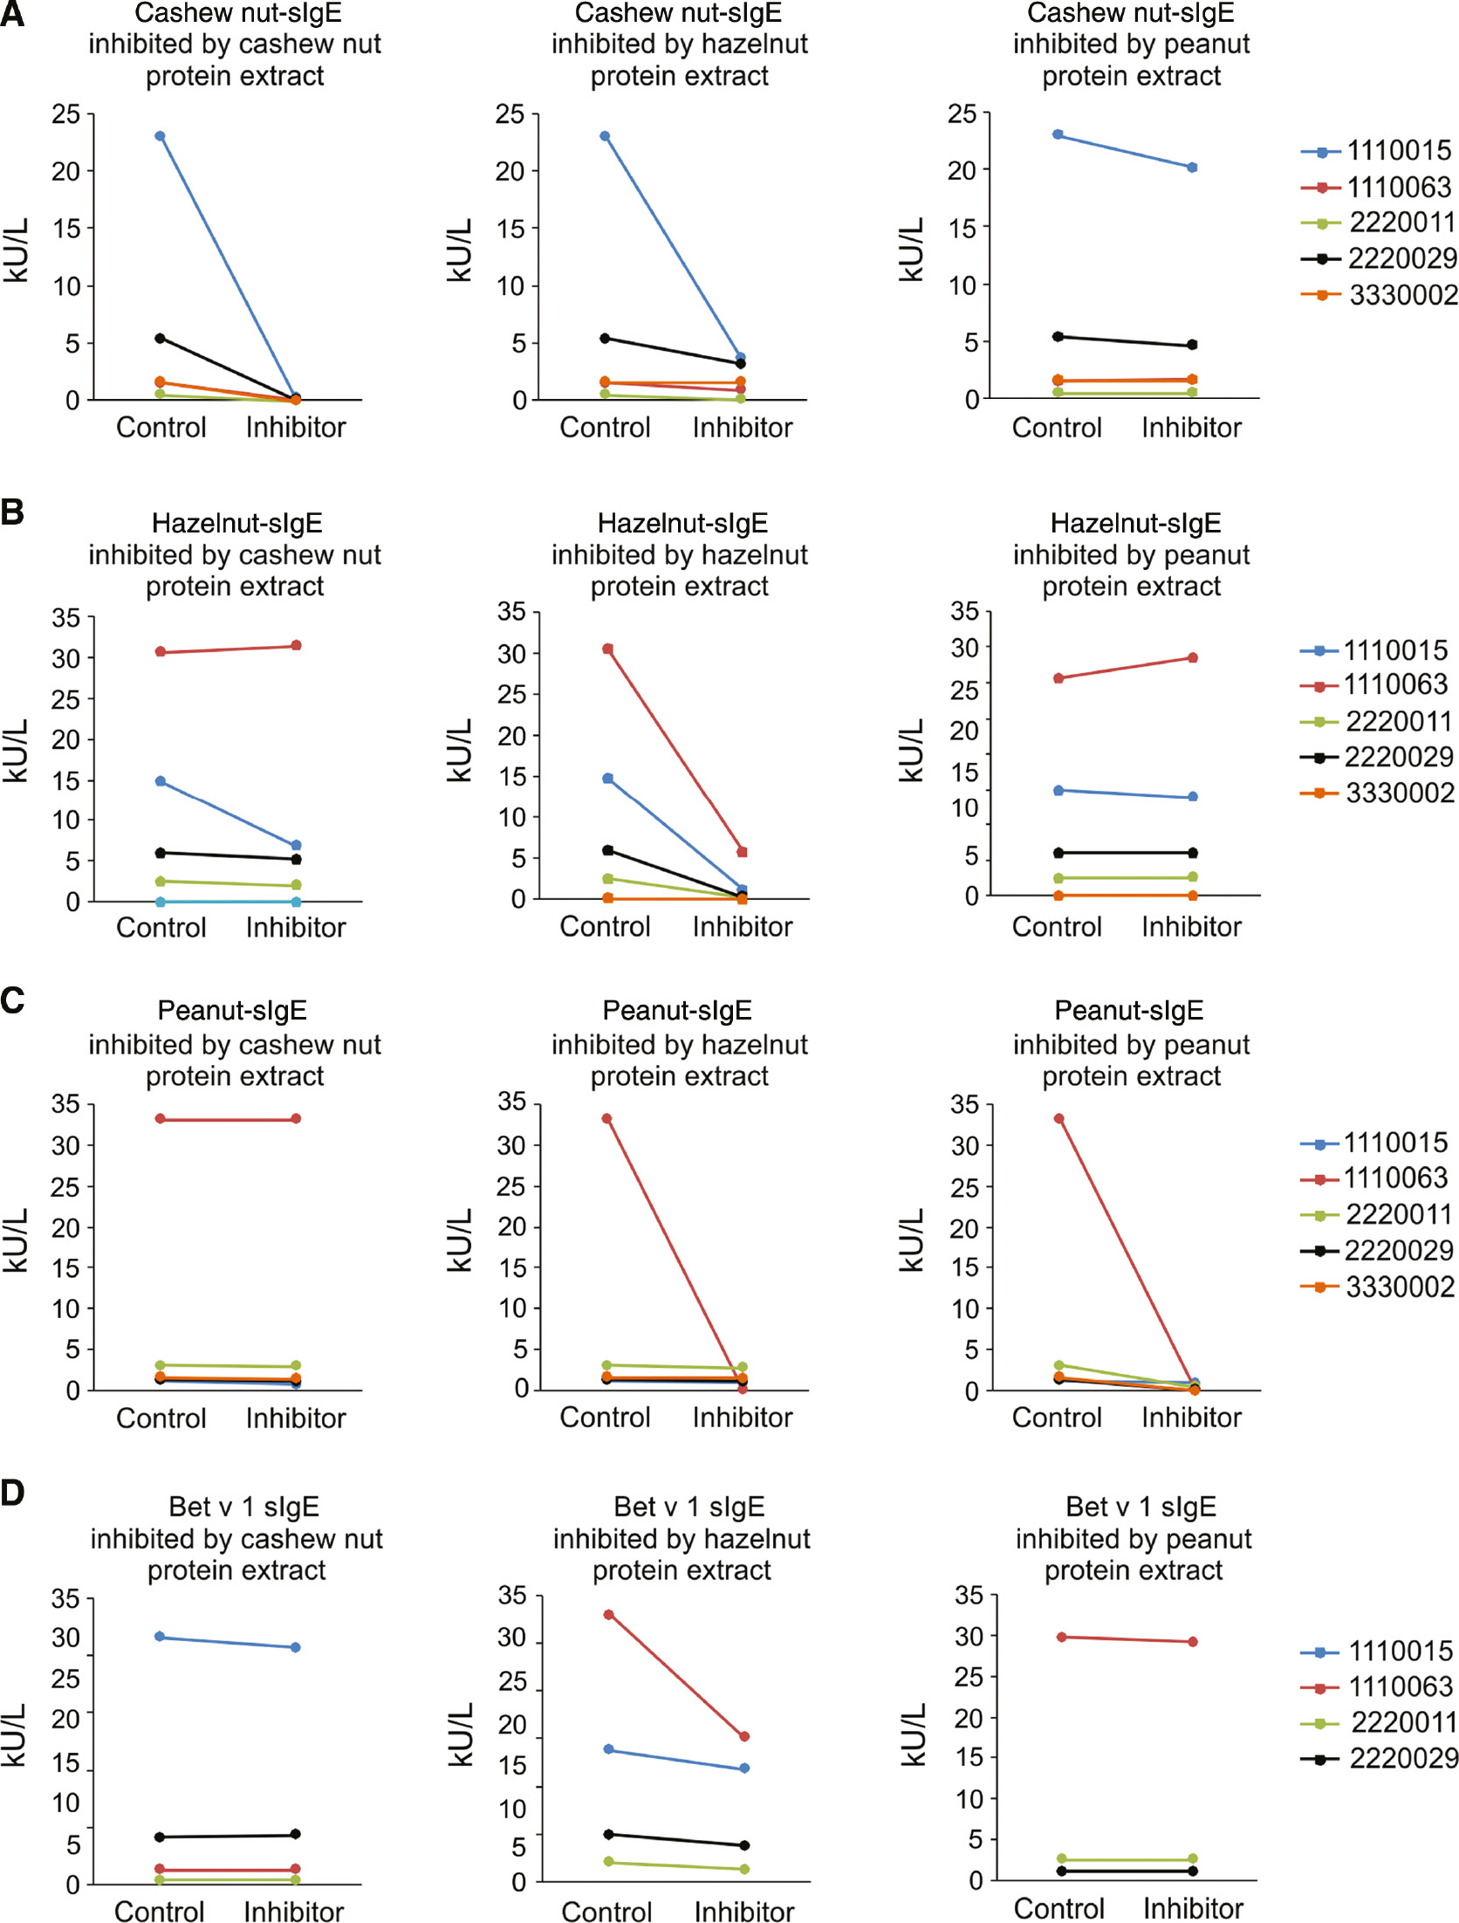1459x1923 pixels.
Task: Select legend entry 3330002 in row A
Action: pos(1401,295)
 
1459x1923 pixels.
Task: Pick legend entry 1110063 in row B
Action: pos(1394,684)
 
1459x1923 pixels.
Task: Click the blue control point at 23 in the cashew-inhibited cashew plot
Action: pos(160,136)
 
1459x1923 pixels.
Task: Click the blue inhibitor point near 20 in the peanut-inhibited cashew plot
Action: pos(1192,167)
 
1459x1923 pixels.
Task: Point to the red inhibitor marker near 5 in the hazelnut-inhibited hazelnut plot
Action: pos(743,852)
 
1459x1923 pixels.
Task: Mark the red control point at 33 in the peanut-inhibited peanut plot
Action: pos(1058,1118)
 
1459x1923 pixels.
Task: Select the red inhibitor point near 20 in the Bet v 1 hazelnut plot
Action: pos(744,1736)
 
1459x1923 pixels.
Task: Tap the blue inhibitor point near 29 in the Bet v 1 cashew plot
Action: pos(296,1647)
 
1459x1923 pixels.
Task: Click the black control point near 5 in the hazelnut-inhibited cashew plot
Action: pos(605,338)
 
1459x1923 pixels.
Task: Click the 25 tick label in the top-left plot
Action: pos(65,114)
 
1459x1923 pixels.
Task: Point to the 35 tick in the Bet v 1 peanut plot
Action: pos(969,1595)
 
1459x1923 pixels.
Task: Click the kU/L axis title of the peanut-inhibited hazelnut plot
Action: pos(910,751)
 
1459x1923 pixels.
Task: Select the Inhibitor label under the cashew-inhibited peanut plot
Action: pos(295,1418)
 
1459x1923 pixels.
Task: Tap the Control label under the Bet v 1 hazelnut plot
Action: pos(606,1912)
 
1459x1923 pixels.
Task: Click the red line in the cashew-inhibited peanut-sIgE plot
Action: pos(228,1118)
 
